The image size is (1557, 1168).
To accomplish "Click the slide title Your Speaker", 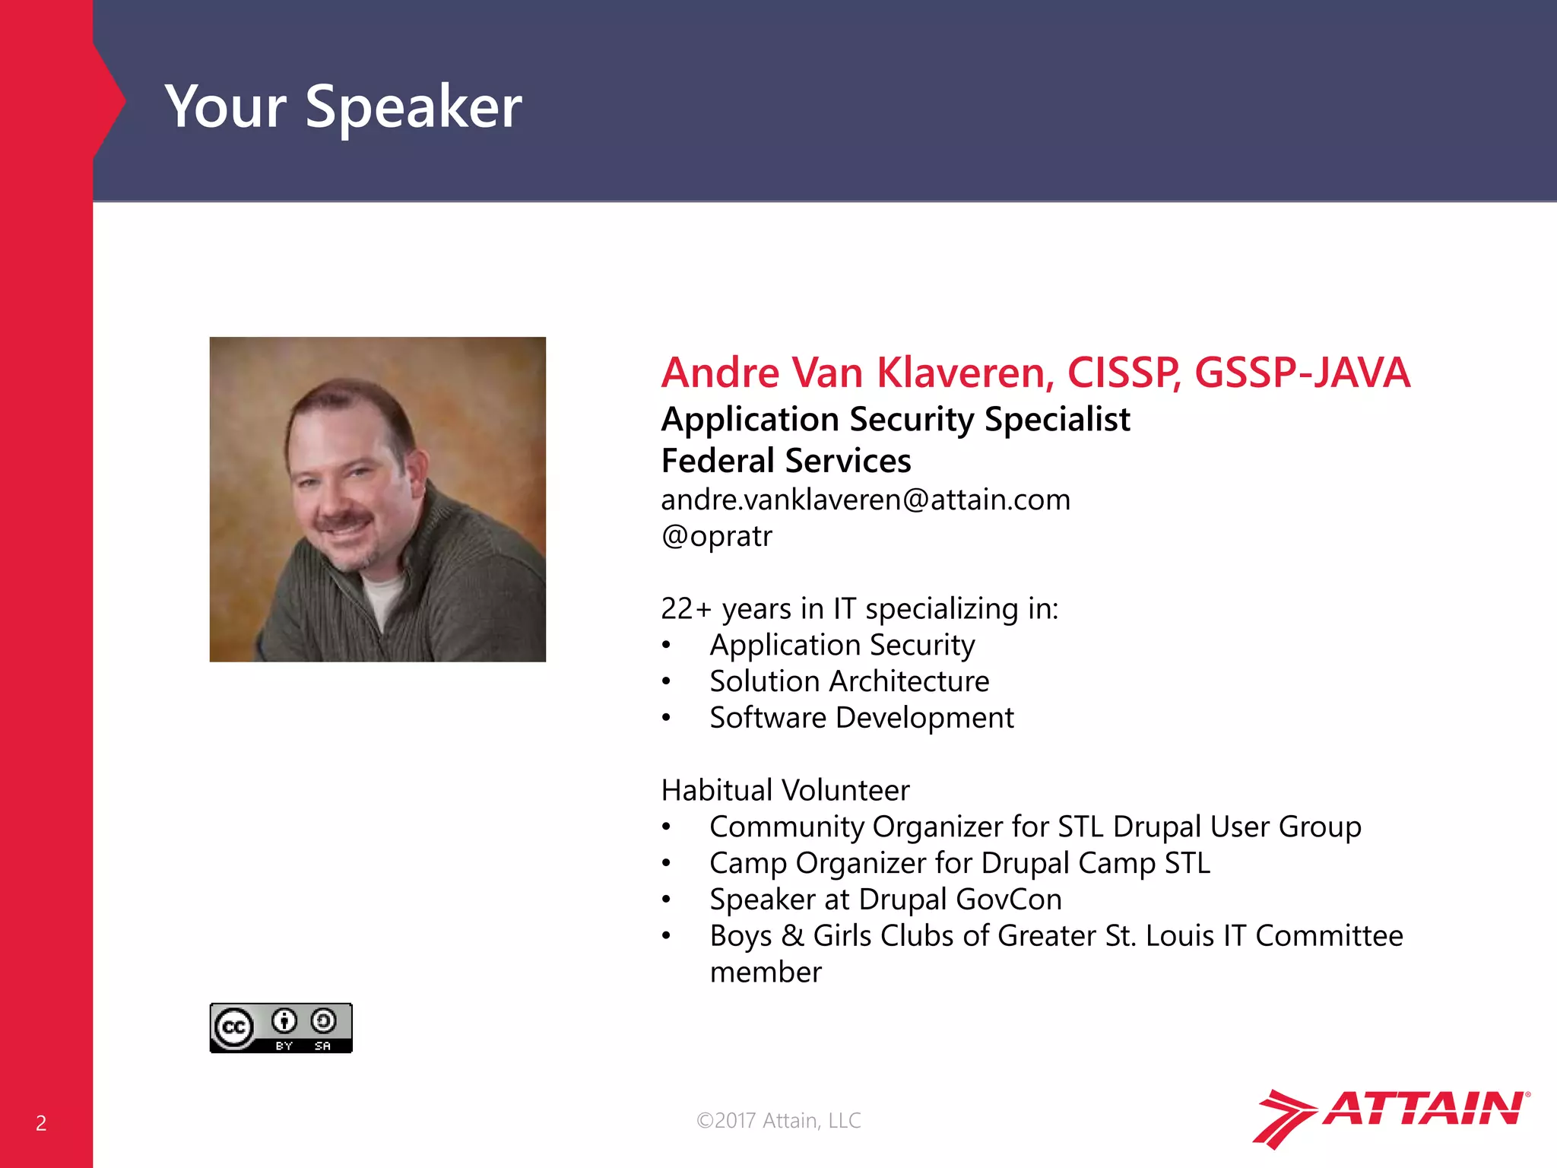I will pos(343,106).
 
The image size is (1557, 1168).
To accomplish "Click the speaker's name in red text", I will pos(1035,373).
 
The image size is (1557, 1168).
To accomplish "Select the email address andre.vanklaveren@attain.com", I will pos(865,500).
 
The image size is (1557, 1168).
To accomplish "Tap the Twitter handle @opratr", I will pos(716,536).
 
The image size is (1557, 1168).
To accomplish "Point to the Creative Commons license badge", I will pos(281,1028).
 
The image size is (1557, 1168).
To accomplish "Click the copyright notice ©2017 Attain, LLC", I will pos(778,1120).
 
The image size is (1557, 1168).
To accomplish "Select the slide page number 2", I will pos(41,1123).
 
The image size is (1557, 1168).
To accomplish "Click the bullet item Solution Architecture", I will pos(849,681).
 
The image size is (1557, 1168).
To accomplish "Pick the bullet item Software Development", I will pos(861,718).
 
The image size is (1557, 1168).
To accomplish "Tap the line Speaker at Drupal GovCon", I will pos(885,900).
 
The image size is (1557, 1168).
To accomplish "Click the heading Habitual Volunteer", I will pos(785,790).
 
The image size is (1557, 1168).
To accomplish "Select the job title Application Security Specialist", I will pos(895,420).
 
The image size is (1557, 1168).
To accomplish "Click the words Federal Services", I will pos(785,461).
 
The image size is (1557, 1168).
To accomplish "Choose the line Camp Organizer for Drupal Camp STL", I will pos(959,863).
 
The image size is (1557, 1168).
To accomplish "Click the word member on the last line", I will pos(765,973).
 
